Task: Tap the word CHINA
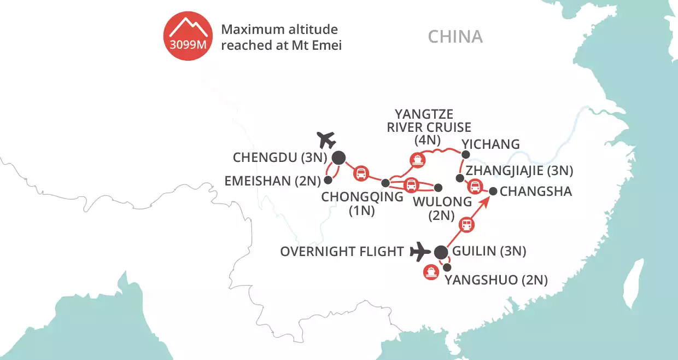[x=455, y=37]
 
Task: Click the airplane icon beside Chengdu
[x=326, y=140]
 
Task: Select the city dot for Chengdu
[x=339, y=158]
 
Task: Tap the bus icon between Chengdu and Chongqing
[x=361, y=173]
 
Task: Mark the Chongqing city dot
[x=385, y=183]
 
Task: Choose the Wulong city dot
[x=437, y=185]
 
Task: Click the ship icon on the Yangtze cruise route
[x=417, y=160]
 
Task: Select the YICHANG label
[x=490, y=144]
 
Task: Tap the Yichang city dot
[x=466, y=155]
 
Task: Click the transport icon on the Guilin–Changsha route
[x=466, y=224]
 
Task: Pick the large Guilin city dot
[x=441, y=252]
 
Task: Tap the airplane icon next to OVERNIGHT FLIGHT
[x=420, y=252]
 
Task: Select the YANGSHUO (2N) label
[x=496, y=281]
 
